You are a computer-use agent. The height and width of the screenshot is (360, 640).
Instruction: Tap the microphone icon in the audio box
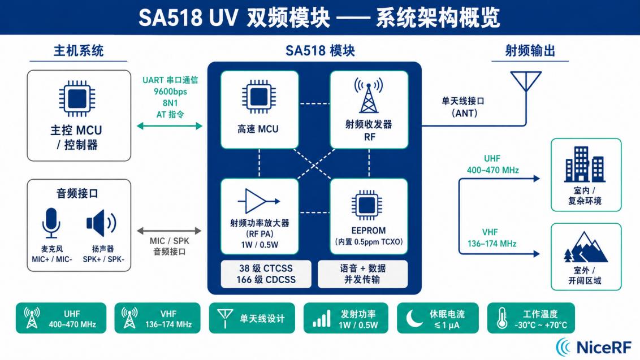click(x=51, y=223)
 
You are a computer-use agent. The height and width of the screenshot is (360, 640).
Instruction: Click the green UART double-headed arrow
click(x=170, y=125)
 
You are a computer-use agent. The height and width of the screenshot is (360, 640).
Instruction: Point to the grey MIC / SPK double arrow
click(x=170, y=231)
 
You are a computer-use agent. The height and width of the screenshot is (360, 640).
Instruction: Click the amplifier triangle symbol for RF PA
click(x=259, y=201)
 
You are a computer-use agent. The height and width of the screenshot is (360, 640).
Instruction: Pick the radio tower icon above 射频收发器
click(x=368, y=96)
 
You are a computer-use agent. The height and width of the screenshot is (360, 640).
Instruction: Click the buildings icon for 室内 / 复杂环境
click(x=585, y=165)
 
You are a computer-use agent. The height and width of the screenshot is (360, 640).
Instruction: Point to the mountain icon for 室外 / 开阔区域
click(x=585, y=249)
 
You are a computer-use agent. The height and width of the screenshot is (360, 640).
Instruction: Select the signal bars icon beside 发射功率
click(x=321, y=319)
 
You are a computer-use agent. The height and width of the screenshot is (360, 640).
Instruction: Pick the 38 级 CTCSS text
click(x=266, y=267)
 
